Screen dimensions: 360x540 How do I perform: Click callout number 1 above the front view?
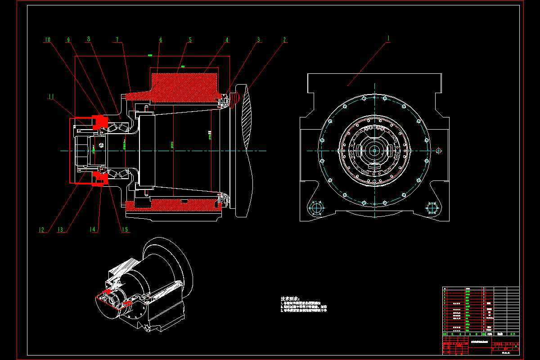pyautogui.click(x=388, y=39)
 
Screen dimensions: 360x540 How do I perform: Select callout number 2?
pyautogui.click(x=284, y=40)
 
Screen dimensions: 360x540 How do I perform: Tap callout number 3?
pyautogui.click(x=259, y=40)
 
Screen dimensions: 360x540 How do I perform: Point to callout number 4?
pyautogui.click(x=227, y=40)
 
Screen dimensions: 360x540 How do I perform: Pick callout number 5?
pyautogui.click(x=190, y=40)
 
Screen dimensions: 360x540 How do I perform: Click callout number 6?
pyautogui.click(x=160, y=40)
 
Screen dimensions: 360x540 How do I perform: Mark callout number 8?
pyautogui.click(x=89, y=40)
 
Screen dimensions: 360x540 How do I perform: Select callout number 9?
pyautogui.click(x=68, y=40)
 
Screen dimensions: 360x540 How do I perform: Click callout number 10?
pyautogui.click(x=47, y=40)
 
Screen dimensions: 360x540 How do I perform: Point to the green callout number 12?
pyautogui.click(x=42, y=230)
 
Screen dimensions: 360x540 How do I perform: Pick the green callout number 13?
pyautogui.click(x=60, y=230)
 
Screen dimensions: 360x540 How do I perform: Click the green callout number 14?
pyautogui.click(x=93, y=230)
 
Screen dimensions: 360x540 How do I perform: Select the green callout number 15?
pyautogui.click(x=124, y=230)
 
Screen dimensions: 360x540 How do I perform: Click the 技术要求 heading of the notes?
pyautogui.click(x=290, y=298)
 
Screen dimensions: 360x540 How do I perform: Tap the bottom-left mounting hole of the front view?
pyautogui.click(x=317, y=209)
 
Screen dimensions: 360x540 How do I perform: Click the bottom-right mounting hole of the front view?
pyautogui.click(x=432, y=209)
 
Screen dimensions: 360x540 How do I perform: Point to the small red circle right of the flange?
pyautogui.click(x=439, y=150)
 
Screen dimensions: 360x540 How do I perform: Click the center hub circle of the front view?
pyautogui.click(x=374, y=150)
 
